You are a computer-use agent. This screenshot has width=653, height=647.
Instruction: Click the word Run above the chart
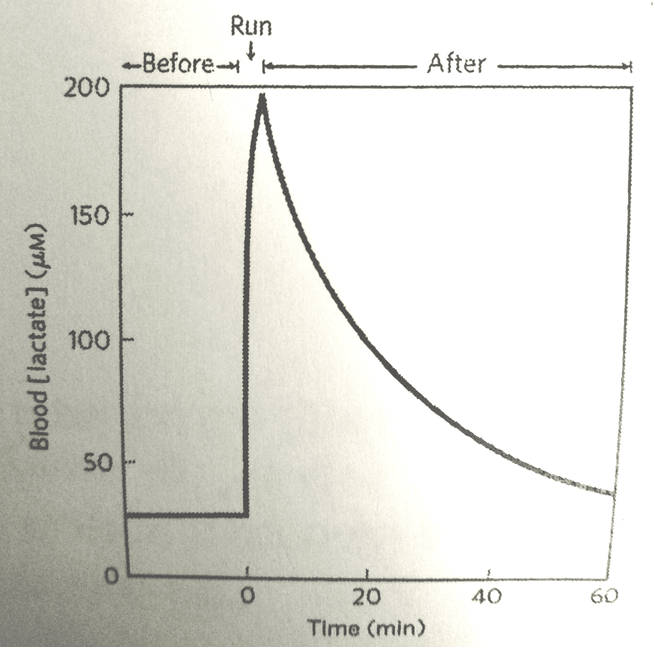252,26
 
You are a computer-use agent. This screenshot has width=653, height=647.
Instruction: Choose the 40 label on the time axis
488,597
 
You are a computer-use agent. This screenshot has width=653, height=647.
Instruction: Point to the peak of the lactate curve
261,97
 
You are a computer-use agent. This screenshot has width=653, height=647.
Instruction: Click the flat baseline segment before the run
185,514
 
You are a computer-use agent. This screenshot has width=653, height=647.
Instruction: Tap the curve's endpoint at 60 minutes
613,493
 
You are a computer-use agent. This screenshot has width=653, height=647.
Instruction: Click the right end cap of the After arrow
629,65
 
